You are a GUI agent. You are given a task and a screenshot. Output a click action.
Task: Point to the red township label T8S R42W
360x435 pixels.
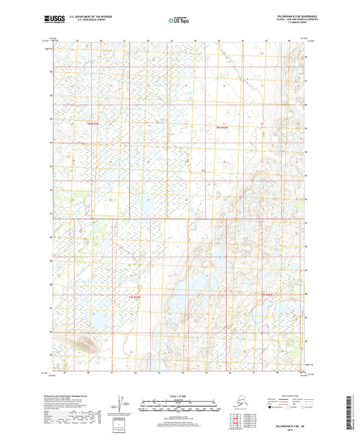(x=93, y=124)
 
